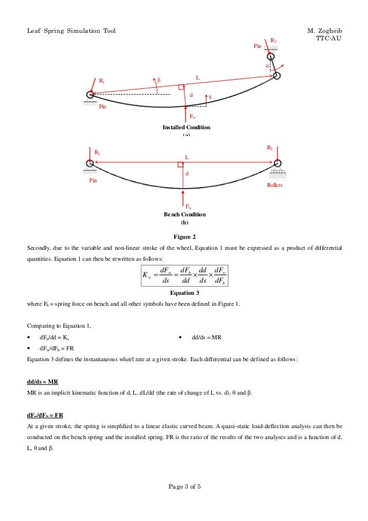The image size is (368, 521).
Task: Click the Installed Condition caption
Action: point(186,127)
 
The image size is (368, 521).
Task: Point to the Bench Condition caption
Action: point(185,214)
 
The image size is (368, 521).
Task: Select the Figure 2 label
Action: point(185,237)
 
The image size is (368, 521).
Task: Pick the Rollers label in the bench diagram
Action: point(275,186)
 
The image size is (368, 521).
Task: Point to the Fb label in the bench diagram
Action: point(188,206)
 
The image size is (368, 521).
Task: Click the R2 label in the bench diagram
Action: point(269,148)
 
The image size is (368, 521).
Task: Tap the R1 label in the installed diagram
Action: point(102,82)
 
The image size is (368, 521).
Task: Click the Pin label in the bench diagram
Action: point(93,181)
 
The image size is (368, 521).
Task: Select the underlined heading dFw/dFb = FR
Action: point(46,415)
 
